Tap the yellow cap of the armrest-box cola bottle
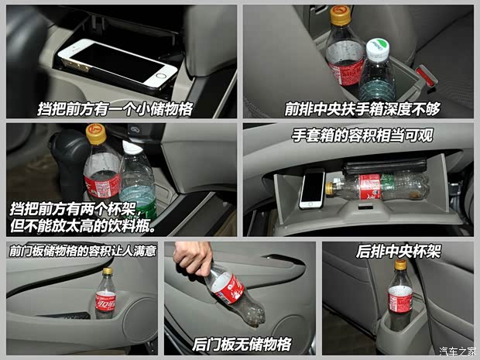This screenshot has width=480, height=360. (x=340, y=15)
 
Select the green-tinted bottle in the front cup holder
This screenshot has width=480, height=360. (x=138, y=182)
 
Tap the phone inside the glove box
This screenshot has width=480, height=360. (x=312, y=188)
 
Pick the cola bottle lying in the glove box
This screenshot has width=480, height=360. (x=379, y=186)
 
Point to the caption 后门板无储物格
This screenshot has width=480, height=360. (x=242, y=345)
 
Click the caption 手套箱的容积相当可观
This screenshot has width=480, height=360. (x=362, y=135)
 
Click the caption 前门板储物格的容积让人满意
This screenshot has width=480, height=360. (x=83, y=251)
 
